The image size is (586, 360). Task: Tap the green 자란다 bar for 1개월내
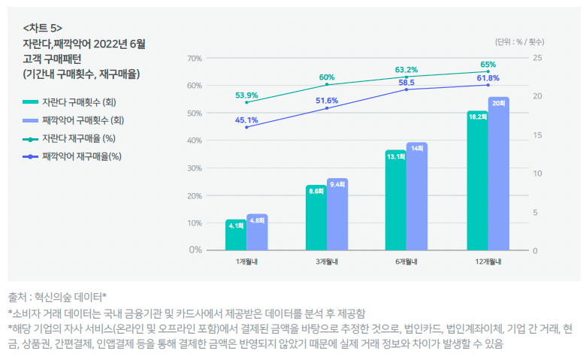click(236, 234)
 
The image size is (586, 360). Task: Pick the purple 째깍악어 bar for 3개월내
click(337, 214)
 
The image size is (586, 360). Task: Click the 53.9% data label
click(246, 95)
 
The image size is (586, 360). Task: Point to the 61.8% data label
click(488, 78)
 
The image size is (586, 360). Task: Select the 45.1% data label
click(246, 120)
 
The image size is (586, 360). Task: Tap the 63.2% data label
click(406, 70)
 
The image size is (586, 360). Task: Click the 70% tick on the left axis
click(194, 58)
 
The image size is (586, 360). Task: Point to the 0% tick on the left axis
click(195, 250)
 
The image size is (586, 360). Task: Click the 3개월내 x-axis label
click(327, 262)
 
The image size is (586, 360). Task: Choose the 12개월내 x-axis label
click(488, 262)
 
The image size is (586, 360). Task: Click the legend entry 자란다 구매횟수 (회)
click(79, 102)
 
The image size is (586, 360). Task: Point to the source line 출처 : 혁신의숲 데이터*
click(57, 297)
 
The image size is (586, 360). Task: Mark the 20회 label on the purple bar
click(498, 102)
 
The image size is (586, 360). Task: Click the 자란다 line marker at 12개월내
click(488, 72)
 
